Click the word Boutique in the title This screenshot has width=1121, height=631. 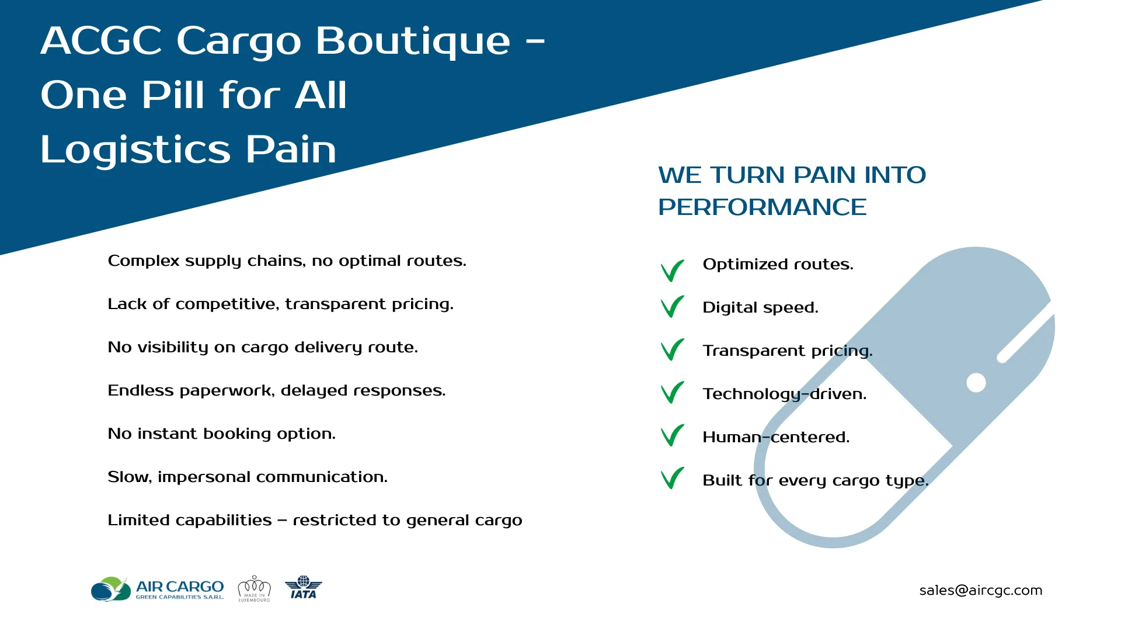click(413, 41)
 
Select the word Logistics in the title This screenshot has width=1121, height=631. click(135, 150)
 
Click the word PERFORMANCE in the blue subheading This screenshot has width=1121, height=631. click(762, 207)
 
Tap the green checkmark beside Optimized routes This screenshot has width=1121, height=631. click(672, 271)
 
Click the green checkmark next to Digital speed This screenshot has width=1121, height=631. click(672, 307)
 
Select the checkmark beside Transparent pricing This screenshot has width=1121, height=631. click(672, 350)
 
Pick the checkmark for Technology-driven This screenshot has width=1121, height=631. click(672, 393)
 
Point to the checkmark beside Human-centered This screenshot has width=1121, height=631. click(672, 435)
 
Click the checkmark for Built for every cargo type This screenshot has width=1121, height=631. click(672, 479)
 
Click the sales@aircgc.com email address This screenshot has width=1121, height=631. click(981, 591)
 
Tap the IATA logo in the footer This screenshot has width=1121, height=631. click(304, 587)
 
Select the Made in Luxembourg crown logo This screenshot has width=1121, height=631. click(254, 588)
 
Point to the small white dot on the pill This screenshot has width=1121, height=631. click(976, 383)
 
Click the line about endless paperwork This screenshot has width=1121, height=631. click(277, 391)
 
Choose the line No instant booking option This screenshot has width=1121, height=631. click(222, 434)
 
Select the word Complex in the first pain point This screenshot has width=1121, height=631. click(144, 261)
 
